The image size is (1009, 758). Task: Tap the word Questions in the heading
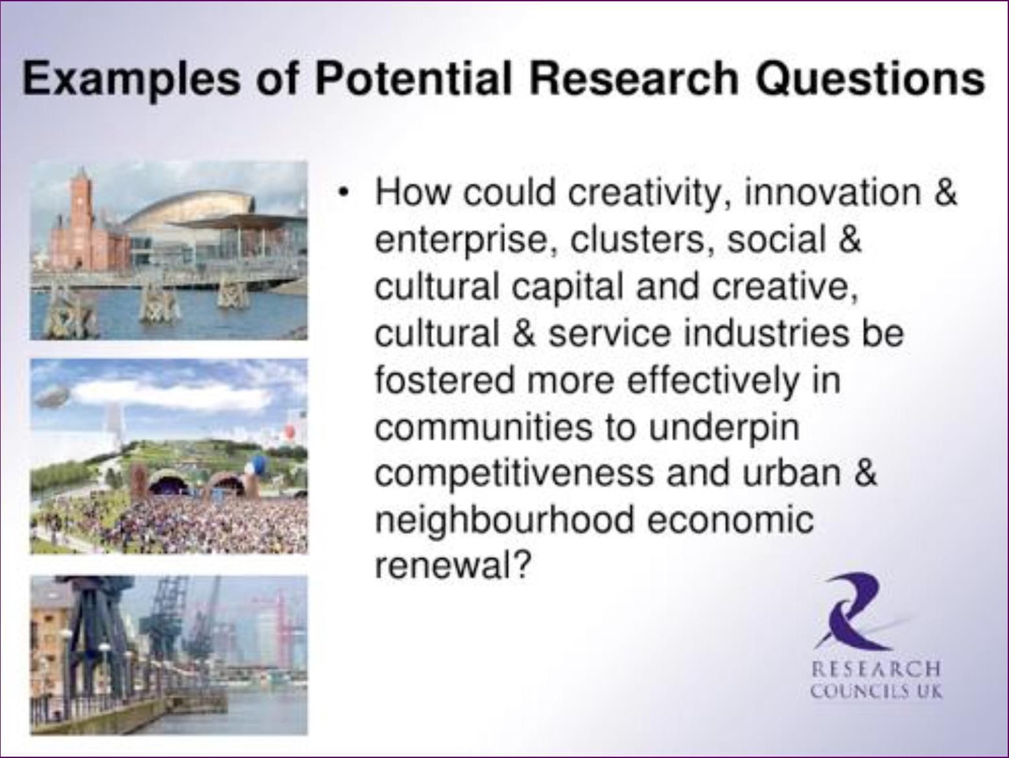(870, 80)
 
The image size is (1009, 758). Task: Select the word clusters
(637, 240)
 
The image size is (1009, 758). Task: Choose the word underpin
(724, 429)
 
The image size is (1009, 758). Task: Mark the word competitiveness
(514, 475)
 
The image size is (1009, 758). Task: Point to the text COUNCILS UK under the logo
(875, 691)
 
